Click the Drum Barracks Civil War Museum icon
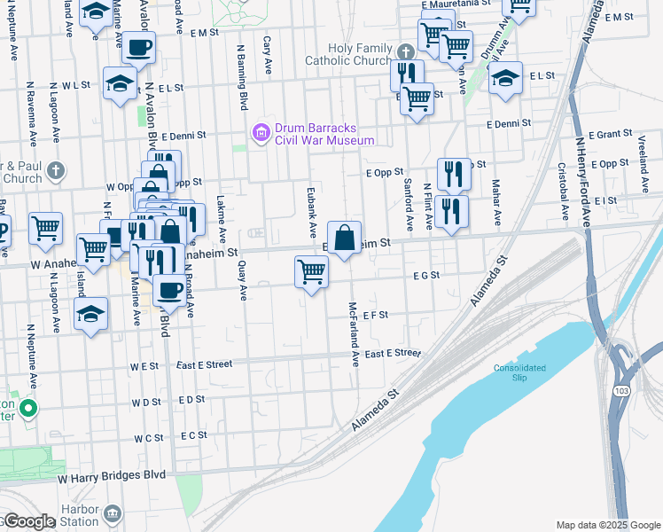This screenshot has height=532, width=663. coord(261,133)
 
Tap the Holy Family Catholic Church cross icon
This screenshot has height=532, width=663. coord(405,51)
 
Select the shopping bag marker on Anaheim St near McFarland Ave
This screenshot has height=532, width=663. coord(345,238)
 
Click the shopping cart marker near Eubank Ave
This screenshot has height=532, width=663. coord(311,271)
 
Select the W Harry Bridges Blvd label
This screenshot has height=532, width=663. coord(112,476)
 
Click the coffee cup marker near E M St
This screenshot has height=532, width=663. coord(137,47)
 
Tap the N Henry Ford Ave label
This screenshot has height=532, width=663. coord(582,173)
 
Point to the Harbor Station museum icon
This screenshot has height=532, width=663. coord(112,513)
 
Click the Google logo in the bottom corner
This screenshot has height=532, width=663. coord(27,521)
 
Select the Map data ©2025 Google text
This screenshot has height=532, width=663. coord(608,525)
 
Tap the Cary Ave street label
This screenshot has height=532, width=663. coord(267,55)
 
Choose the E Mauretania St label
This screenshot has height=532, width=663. coord(456,4)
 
